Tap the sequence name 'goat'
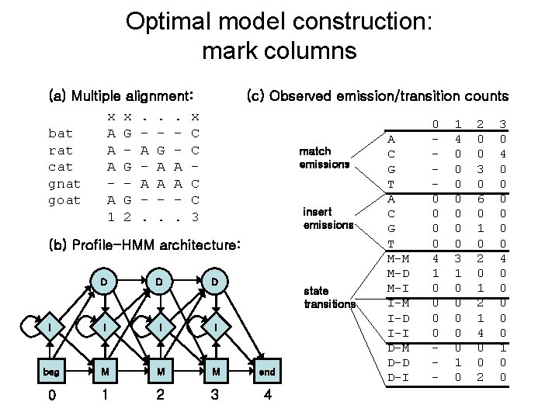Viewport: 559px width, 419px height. [64, 200]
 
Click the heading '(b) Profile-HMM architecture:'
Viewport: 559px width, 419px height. [145, 246]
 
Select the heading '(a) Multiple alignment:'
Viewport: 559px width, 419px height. [120, 97]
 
